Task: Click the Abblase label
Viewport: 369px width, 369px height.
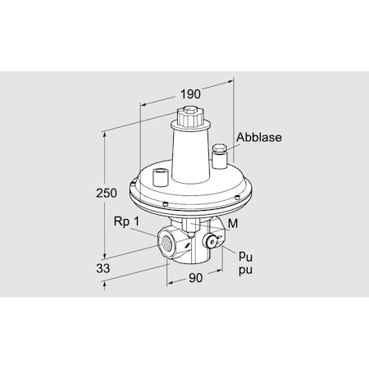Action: click(258, 138)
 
